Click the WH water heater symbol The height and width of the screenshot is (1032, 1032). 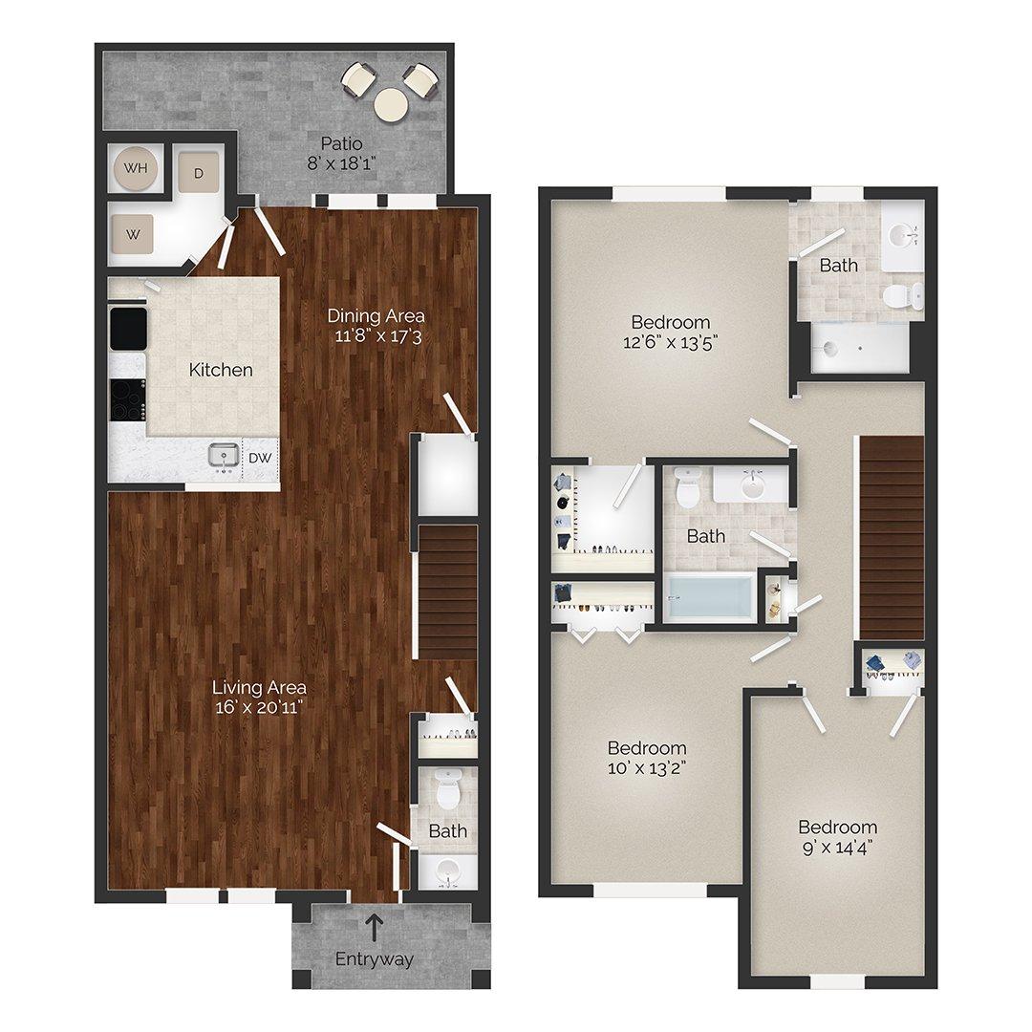[x=137, y=169]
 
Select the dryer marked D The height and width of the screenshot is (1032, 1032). [x=200, y=173]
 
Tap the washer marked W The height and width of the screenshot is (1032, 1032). [x=134, y=232]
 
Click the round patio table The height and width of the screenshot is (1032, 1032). [x=392, y=104]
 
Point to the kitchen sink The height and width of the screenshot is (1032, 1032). [x=225, y=456]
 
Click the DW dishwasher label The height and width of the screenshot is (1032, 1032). [x=261, y=458]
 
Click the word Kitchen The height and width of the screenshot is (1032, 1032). [x=221, y=369]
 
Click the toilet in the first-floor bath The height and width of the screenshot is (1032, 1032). [x=446, y=791]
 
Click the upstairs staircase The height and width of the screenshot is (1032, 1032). [x=892, y=537]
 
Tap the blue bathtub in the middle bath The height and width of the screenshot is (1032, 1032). [x=709, y=596]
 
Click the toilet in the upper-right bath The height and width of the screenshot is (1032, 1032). [x=902, y=294]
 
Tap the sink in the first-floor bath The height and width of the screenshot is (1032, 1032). [x=446, y=870]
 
